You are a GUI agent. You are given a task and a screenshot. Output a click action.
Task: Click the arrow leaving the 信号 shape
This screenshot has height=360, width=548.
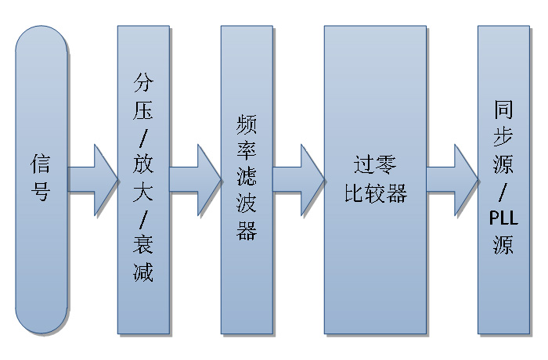(93, 178)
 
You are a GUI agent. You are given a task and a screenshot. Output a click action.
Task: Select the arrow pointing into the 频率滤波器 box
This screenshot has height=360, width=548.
(196, 178)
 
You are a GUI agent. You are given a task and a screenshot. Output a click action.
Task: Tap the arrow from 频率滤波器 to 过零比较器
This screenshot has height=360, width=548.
(300, 178)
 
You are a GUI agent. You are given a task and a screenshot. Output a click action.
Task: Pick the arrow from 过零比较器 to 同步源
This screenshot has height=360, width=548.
(453, 178)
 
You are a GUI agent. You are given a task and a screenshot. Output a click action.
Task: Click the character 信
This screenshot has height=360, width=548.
(41, 163)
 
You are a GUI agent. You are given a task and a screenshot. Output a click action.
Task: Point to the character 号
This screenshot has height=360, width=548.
(41, 190)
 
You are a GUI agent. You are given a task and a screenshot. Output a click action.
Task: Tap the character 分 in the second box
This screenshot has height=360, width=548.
(143, 83)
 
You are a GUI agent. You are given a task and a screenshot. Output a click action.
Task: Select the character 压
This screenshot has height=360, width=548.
(143, 110)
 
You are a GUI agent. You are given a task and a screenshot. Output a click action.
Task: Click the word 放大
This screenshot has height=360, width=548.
(143, 178)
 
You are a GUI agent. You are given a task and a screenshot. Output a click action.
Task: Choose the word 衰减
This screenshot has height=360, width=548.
(143, 259)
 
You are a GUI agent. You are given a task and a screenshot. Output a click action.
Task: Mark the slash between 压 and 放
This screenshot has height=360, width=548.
(143, 138)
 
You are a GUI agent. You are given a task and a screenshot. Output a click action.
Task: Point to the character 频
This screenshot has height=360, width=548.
(247, 124)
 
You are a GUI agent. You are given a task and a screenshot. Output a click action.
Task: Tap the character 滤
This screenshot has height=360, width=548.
(247, 178)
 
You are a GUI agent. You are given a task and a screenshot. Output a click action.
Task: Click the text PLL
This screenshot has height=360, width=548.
(503, 218)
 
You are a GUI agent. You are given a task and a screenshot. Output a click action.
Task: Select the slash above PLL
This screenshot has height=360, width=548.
(503, 192)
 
